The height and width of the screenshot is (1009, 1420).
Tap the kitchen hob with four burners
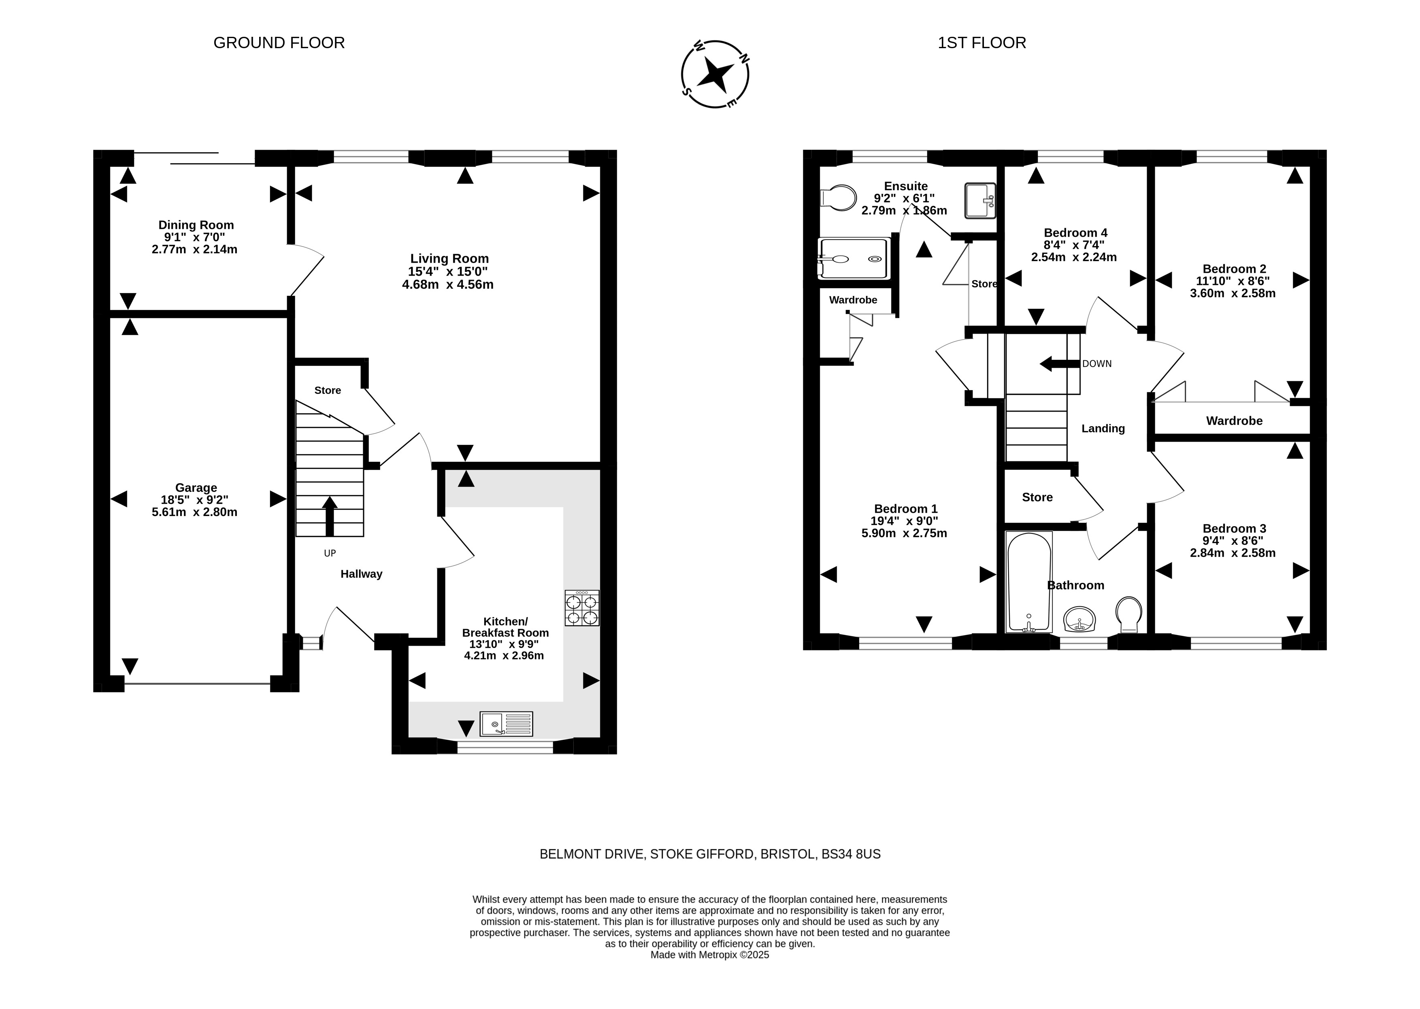(x=582, y=608)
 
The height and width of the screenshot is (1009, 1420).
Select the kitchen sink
(x=506, y=724)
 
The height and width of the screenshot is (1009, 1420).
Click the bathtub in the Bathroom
(x=1028, y=582)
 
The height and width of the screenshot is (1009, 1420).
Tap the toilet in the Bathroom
(x=1128, y=614)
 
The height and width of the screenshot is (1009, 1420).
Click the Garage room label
(x=196, y=488)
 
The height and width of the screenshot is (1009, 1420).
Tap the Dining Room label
(x=196, y=225)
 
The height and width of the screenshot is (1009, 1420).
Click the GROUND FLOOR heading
(x=279, y=43)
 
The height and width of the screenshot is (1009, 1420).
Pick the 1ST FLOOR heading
(x=982, y=43)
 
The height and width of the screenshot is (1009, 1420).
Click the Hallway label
(x=361, y=574)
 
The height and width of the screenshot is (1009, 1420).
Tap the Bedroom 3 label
(x=1234, y=529)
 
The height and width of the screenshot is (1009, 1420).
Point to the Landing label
(x=1103, y=429)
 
